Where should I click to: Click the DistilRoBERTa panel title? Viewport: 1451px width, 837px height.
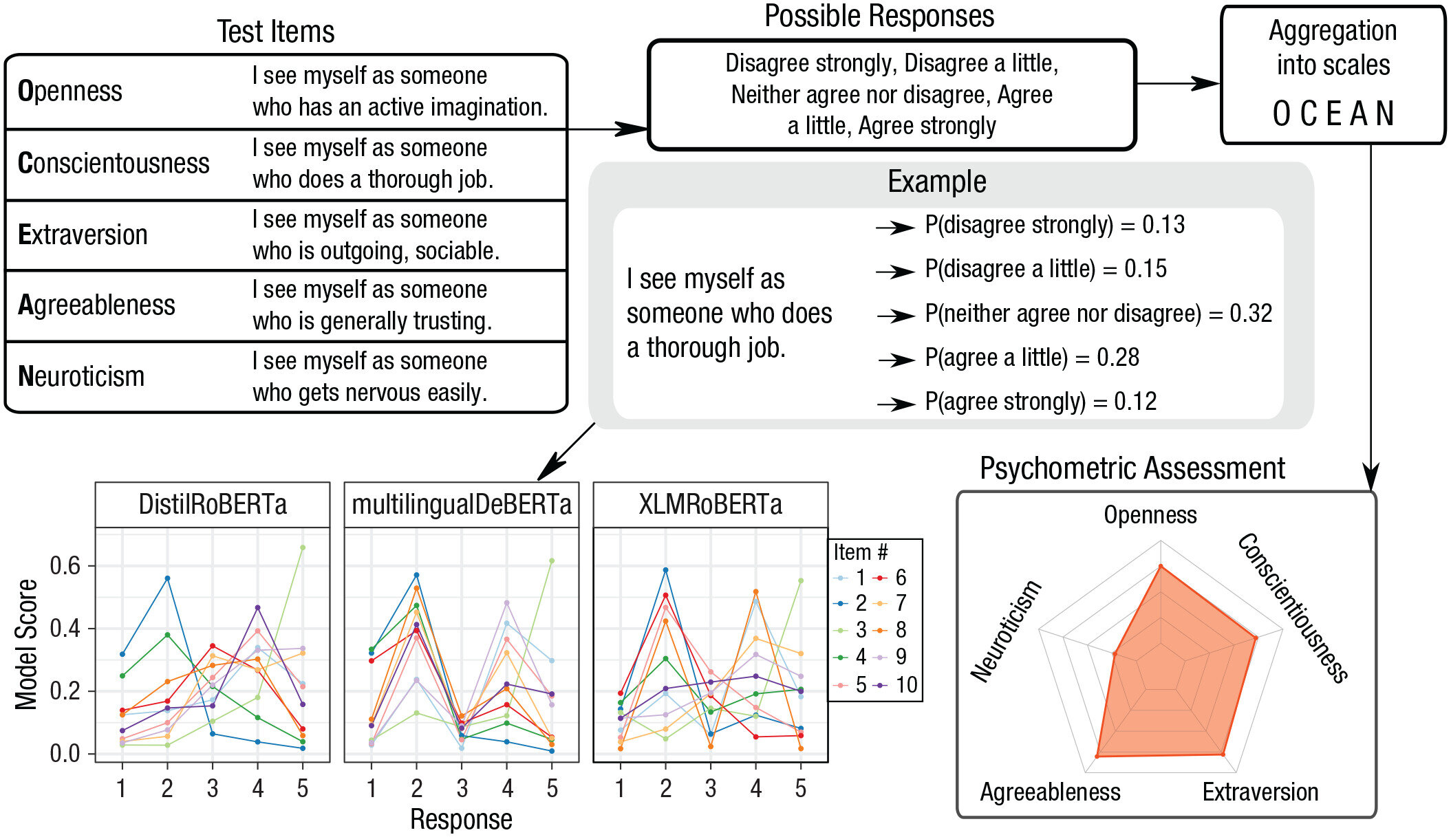(x=212, y=505)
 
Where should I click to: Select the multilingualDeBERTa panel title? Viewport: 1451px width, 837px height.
(x=461, y=505)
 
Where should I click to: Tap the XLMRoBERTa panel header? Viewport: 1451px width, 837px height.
(x=710, y=505)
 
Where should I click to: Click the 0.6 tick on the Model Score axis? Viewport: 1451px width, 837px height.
(x=65, y=566)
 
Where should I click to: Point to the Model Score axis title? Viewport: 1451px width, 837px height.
(x=26, y=644)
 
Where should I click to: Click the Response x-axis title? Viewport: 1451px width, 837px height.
(x=461, y=820)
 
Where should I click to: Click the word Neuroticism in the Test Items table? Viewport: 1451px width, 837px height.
(x=81, y=377)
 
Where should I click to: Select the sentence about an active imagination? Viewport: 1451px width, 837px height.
(x=399, y=91)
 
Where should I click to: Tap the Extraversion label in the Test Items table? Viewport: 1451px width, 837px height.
(x=83, y=235)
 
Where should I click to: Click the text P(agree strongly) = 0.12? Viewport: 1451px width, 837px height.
(x=1040, y=402)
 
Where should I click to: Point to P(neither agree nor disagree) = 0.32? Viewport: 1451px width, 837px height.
(x=1098, y=314)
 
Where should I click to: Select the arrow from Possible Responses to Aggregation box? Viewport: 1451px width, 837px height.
(x=1178, y=84)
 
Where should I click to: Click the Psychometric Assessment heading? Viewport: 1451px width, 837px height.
(x=1132, y=469)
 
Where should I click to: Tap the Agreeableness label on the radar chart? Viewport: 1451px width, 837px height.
(x=1050, y=792)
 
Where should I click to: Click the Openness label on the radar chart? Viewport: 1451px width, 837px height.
(x=1150, y=515)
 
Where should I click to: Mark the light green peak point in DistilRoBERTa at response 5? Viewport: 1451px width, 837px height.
(x=303, y=547)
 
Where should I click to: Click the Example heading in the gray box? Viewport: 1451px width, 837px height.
(x=936, y=182)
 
